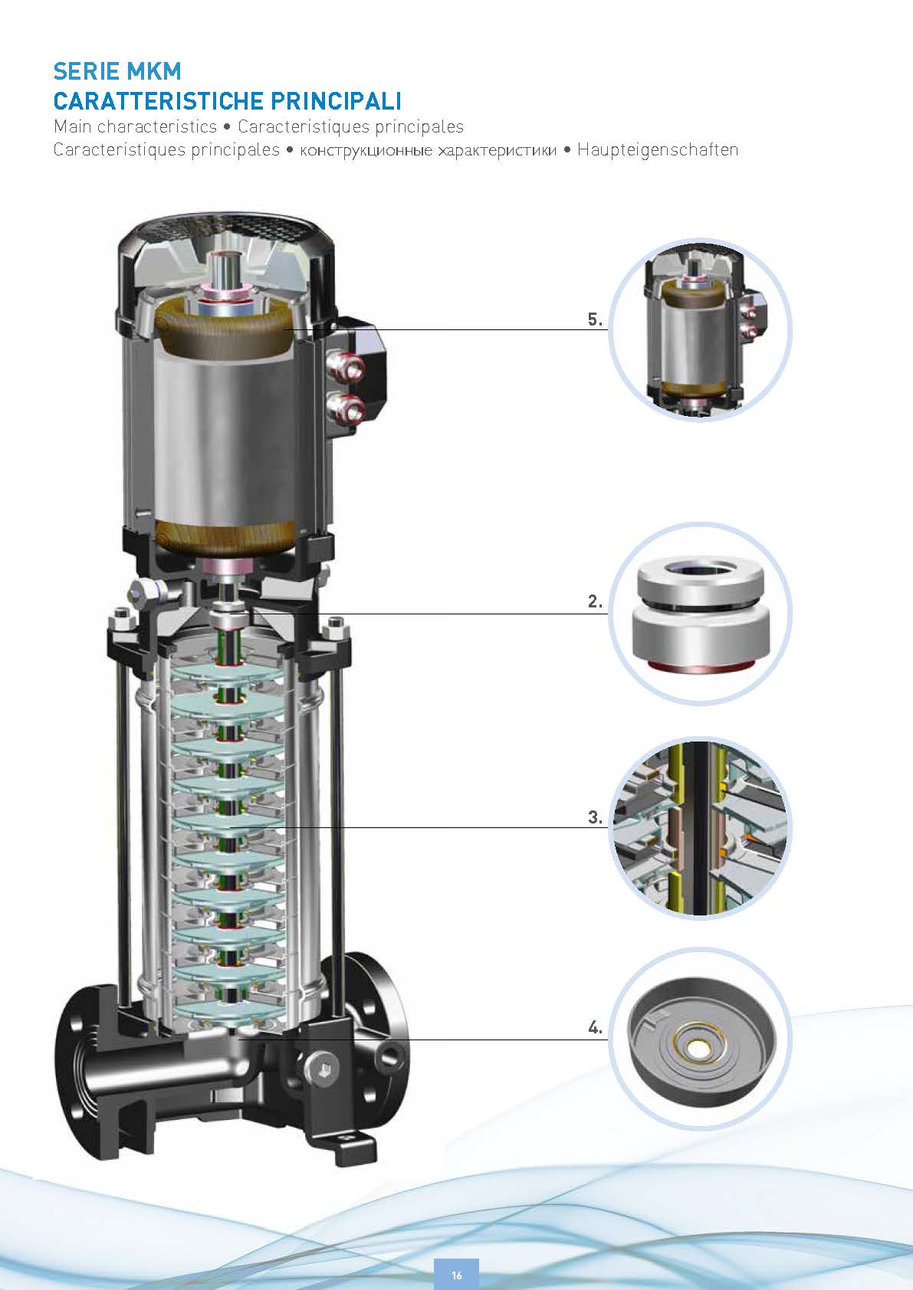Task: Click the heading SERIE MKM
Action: (117, 71)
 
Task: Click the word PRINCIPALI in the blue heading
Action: (336, 101)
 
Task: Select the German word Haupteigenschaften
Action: (658, 150)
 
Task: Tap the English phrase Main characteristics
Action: (135, 126)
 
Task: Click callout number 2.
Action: (595, 602)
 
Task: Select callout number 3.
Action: (595, 817)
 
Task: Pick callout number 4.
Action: (595, 1027)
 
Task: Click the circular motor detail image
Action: (701, 330)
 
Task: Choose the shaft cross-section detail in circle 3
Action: (701, 828)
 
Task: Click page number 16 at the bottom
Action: (457, 1275)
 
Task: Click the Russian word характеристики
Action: (498, 151)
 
